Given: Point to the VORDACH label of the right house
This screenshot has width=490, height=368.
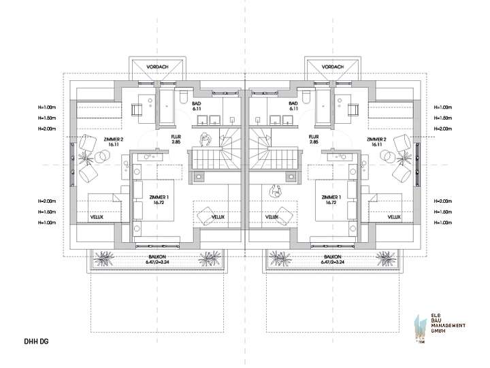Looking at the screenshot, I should click(x=331, y=67).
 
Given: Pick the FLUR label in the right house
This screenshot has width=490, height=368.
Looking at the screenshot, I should click(x=314, y=136).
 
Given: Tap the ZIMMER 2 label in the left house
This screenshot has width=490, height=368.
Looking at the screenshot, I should click(x=113, y=138).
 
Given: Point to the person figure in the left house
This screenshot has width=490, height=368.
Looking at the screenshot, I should click(x=207, y=138).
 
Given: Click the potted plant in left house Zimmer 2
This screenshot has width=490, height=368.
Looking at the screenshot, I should click(x=86, y=157).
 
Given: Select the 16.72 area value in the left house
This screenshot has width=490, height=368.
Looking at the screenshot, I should click(x=159, y=203).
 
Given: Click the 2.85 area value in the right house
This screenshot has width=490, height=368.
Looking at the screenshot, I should click(x=314, y=142).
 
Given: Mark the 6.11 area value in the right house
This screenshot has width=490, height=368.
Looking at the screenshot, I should click(x=294, y=109).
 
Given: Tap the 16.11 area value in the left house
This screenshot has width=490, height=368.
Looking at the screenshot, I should click(x=113, y=144).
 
